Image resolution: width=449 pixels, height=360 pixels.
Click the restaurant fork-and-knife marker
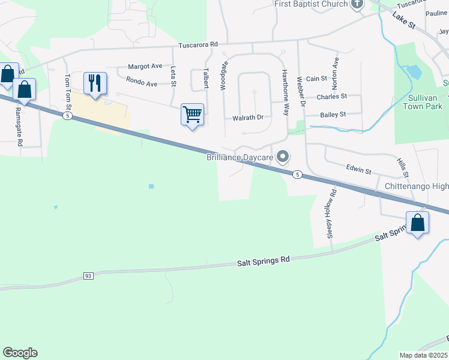[x=94, y=83]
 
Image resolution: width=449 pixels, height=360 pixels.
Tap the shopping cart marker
[x=192, y=113]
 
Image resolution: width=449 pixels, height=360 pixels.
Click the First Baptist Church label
[x=311, y=4]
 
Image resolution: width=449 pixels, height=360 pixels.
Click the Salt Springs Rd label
[x=263, y=260]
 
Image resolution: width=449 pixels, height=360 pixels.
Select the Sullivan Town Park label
[x=421, y=101]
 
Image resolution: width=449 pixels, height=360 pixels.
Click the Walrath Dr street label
[x=248, y=118]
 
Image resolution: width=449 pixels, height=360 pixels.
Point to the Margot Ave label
[x=145, y=66]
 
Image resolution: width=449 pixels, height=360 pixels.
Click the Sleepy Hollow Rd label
[x=330, y=213]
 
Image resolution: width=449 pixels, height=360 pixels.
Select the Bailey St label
[x=334, y=114]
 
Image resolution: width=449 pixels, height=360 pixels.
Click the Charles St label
[x=331, y=96]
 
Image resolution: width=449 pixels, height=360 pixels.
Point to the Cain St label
[x=316, y=79]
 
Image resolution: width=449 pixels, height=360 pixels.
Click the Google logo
[x=20, y=353]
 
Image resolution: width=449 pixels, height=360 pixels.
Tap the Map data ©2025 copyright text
[x=424, y=355]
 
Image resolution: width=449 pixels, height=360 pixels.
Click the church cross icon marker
[x=357, y=4]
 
